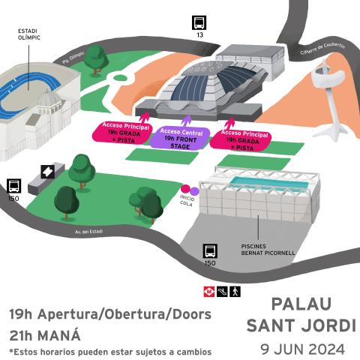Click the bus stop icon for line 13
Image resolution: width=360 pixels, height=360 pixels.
click(199, 22)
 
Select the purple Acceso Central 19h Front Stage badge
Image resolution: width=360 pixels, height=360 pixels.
click(181, 138)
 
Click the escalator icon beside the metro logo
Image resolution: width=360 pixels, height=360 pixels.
click(223, 290)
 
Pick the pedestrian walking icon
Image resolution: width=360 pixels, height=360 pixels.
click(235, 290)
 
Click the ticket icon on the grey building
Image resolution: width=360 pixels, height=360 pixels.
click(46, 172)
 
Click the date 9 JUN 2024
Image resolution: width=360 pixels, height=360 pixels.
click(302, 349)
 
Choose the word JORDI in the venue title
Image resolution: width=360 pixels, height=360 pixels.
click(324, 327)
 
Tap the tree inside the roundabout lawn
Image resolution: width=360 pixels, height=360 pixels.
click(95, 59)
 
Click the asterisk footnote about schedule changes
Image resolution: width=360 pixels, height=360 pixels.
click(110, 351)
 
